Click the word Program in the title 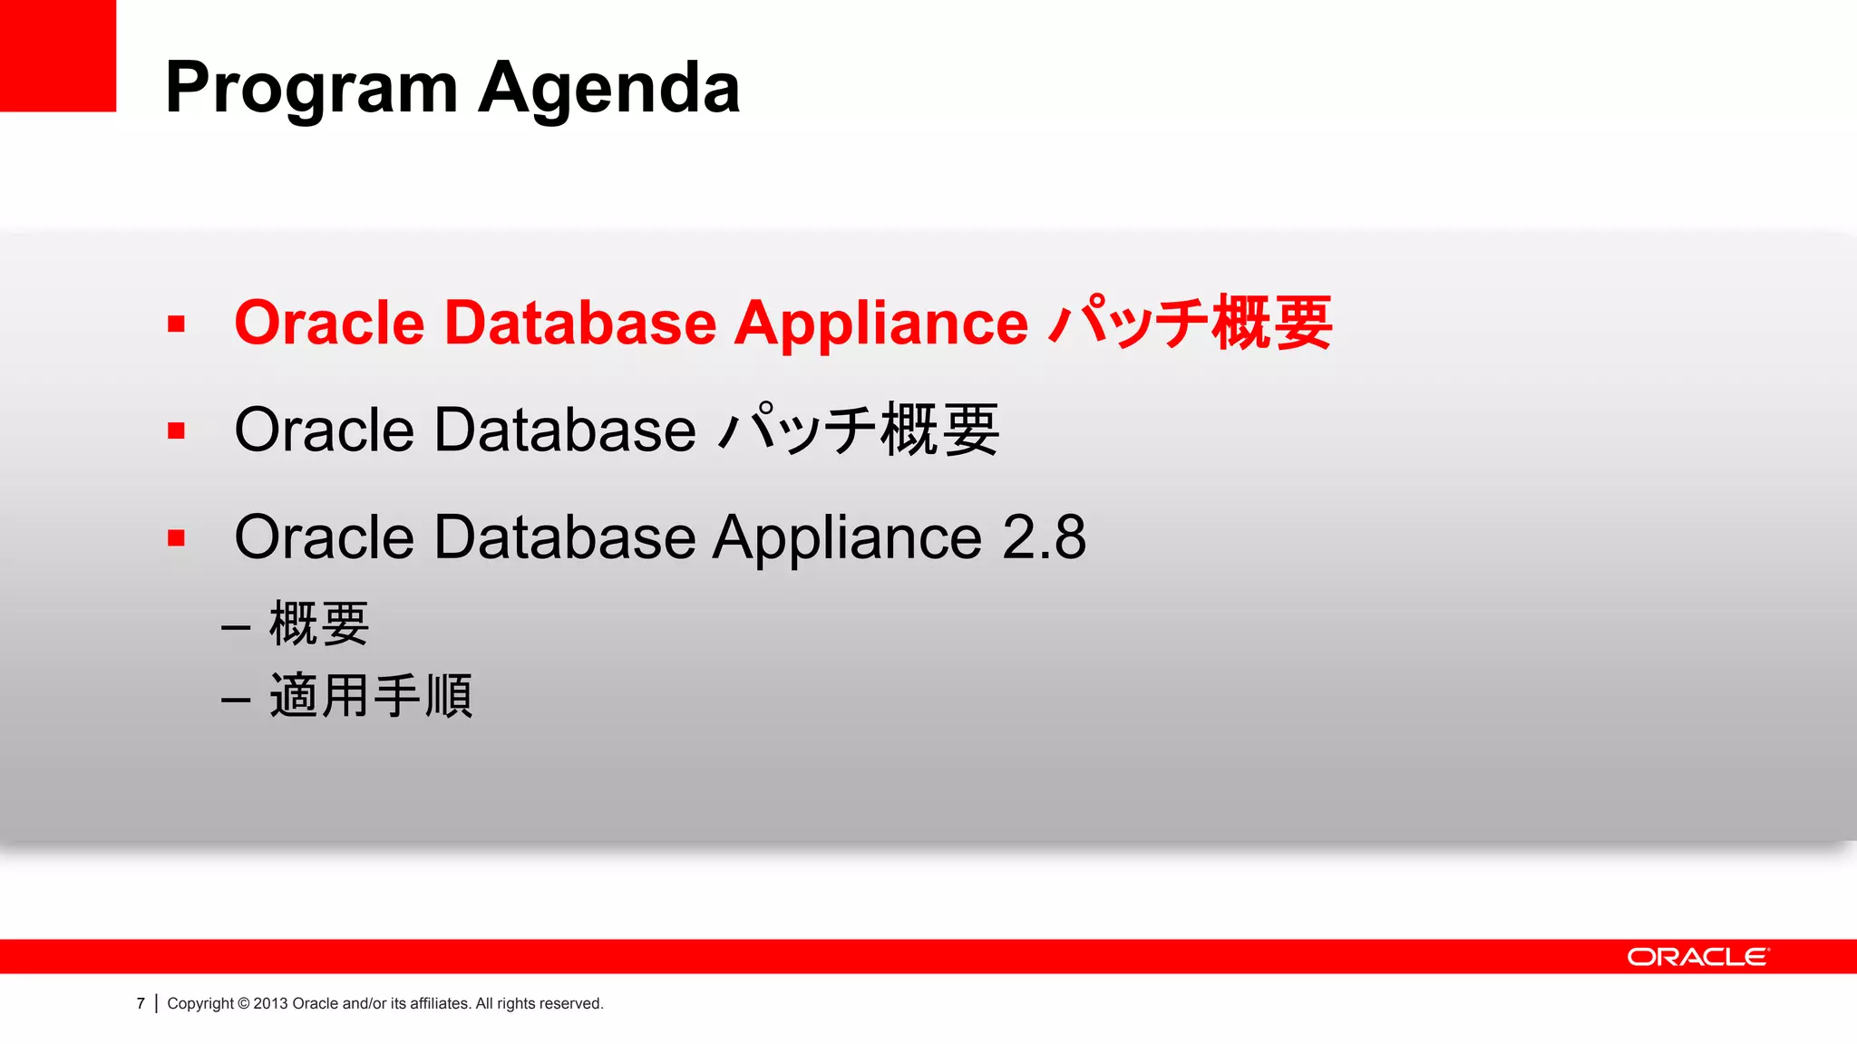(x=312, y=89)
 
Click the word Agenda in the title (x=609, y=89)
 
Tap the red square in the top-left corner (x=57, y=55)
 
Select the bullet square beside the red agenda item (x=177, y=324)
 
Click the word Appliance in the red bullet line (x=880, y=324)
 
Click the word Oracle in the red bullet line (x=329, y=324)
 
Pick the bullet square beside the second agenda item (x=177, y=431)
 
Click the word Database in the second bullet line (x=565, y=430)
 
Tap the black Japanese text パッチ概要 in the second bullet (x=858, y=430)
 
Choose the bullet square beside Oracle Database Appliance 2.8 (x=177, y=538)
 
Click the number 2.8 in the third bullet (x=1044, y=537)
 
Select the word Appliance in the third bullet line (x=847, y=537)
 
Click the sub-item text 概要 (x=319, y=624)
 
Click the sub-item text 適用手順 (x=371, y=696)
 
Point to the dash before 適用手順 (x=236, y=700)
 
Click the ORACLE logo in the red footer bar (x=1697, y=957)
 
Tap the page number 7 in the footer (x=141, y=1003)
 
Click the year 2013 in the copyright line (x=270, y=1003)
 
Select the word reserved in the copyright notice (x=570, y=1003)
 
